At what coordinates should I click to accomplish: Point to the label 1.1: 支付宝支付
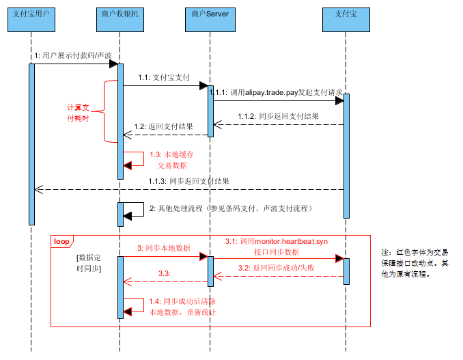click(163, 77)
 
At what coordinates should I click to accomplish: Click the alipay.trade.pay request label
click(276, 92)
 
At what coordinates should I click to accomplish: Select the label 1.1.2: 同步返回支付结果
click(278, 116)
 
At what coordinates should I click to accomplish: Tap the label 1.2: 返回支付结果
click(163, 126)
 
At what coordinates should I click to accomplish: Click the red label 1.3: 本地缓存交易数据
click(167, 160)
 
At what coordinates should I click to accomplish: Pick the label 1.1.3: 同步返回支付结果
click(188, 181)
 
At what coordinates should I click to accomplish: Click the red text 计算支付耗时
click(77, 113)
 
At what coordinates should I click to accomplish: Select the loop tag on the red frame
click(61, 240)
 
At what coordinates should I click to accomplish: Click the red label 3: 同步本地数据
click(163, 248)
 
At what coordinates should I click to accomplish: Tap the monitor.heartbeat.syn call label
click(277, 247)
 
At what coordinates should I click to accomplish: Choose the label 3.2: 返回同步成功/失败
click(276, 268)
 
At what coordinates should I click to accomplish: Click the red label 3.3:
click(164, 273)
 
